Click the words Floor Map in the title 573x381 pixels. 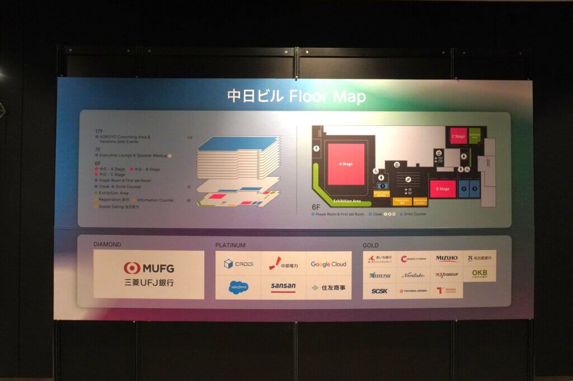pyautogui.click(x=328, y=96)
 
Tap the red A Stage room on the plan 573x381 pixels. pyautogui.click(x=346, y=164)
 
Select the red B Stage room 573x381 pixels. pyautogui.click(x=443, y=189)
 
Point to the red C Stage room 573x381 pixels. pyautogui.click(x=458, y=136)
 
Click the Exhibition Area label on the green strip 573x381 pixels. pyautogui.click(x=347, y=200)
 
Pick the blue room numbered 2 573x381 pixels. pyautogui.click(x=464, y=189)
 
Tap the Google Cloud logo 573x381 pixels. pyautogui.click(x=328, y=264)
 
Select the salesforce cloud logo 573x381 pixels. pyautogui.click(x=238, y=287)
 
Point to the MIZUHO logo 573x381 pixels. pyautogui.click(x=447, y=258)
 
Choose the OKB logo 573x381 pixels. pyautogui.click(x=480, y=274)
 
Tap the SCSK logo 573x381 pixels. pyautogui.click(x=379, y=291)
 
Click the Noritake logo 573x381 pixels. pyautogui.click(x=413, y=275)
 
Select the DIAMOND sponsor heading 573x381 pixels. pyautogui.click(x=107, y=244)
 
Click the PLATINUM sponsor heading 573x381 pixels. pyautogui.click(x=231, y=245)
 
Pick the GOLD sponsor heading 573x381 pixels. pyautogui.click(x=370, y=245)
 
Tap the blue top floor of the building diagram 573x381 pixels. pyautogui.click(x=237, y=143)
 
